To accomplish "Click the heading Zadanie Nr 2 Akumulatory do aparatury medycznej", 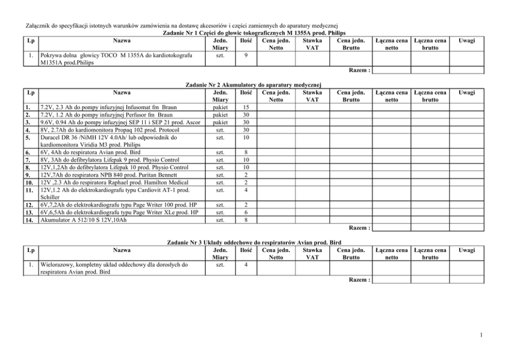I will click(x=254, y=84).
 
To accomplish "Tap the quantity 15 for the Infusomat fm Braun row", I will click(x=246, y=107).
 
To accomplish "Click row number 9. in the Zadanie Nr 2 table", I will click(x=30, y=175).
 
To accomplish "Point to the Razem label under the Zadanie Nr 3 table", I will click(x=359, y=280).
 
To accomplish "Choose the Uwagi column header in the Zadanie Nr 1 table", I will click(x=466, y=41).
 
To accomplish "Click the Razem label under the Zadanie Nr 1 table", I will click(x=359, y=70).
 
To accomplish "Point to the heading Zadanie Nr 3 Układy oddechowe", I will click(x=254, y=242).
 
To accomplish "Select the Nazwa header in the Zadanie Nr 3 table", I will click(x=122, y=250).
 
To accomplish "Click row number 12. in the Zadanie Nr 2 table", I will click(x=30, y=205).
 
